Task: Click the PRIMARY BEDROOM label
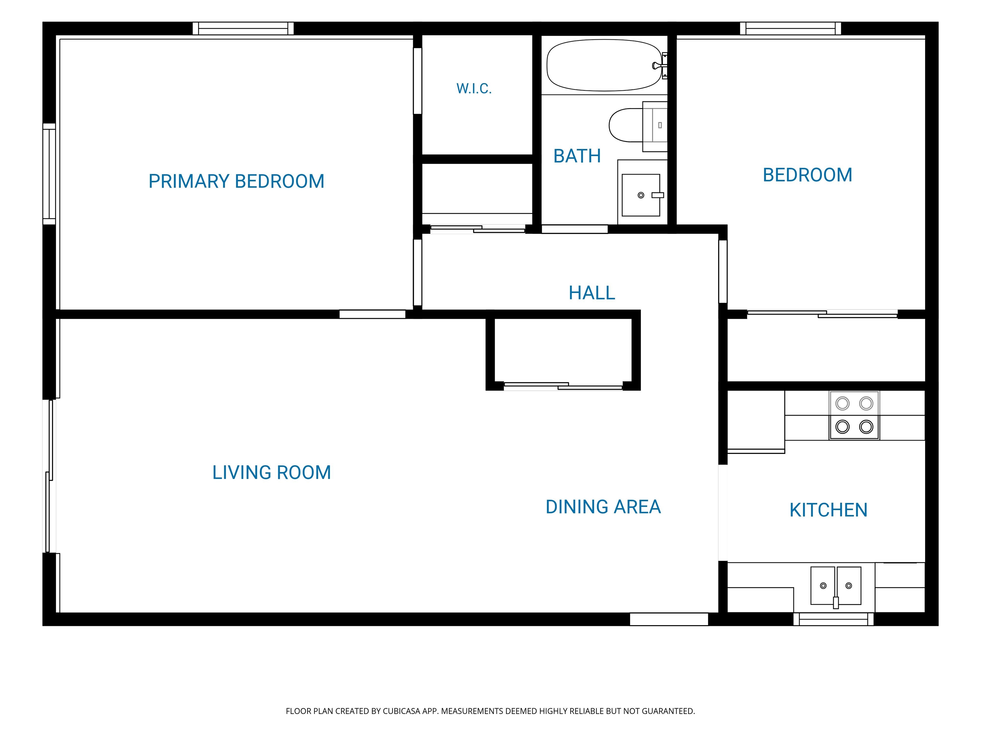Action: (x=236, y=181)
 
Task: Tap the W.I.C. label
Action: (x=474, y=89)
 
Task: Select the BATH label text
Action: (x=577, y=156)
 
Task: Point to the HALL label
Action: (x=592, y=293)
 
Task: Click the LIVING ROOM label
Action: (x=271, y=472)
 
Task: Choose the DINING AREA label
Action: (x=603, y=507)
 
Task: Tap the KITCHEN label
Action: (x=828, y=510)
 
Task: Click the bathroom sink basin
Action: (x=641, y=195)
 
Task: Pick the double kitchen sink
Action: (x=835, y=586)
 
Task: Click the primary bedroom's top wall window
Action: (x=243, y=28)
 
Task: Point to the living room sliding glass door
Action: (x=50, y=476)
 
